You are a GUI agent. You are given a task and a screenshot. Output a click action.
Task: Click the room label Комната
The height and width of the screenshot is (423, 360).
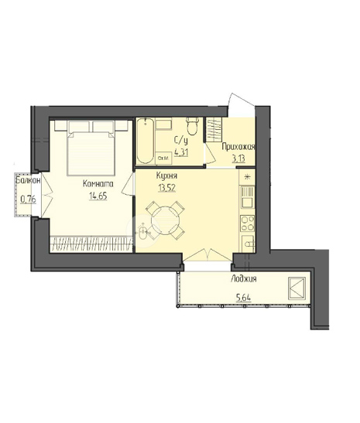click(98, 184)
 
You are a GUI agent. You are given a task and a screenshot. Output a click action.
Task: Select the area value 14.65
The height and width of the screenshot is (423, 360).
click(98, 196)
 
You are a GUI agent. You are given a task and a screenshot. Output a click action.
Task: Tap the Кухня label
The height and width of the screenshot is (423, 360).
click(166, 176)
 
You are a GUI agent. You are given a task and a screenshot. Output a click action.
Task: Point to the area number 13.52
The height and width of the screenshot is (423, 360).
click(167, 188)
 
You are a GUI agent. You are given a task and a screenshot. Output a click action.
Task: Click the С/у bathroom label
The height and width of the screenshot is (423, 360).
click(180, 142)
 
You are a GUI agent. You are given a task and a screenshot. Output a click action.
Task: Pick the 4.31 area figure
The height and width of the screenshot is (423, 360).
click(181, 152)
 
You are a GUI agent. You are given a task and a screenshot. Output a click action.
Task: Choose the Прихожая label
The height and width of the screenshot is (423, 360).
click(238, 147)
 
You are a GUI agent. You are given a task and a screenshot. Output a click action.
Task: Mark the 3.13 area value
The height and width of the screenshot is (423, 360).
click(238, 158)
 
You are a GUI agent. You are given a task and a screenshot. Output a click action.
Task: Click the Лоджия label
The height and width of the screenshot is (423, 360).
click(244, 279)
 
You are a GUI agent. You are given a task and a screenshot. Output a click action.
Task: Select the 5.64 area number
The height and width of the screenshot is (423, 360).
click(244, 298)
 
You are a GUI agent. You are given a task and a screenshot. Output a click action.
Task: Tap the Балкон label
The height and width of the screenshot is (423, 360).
click(28, 180)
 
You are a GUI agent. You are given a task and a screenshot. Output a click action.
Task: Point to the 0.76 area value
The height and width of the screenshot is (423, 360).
click(29, 200)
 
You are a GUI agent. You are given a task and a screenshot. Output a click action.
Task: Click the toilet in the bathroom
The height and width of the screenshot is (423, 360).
click(192, 126)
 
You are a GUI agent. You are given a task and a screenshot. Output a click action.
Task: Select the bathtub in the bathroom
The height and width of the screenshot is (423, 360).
click(146, 141)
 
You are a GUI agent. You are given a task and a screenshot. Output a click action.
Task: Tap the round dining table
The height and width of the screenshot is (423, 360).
click(165, 220)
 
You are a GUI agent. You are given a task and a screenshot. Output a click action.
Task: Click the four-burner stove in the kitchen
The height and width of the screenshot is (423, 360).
click(248, 223)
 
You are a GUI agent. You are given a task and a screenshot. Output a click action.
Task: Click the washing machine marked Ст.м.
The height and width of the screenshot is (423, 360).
click(163, 158)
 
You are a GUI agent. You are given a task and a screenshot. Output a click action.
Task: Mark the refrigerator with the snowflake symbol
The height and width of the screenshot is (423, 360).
click(247, 177)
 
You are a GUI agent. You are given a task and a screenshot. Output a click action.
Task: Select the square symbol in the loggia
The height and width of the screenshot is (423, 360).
click(297, 288)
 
